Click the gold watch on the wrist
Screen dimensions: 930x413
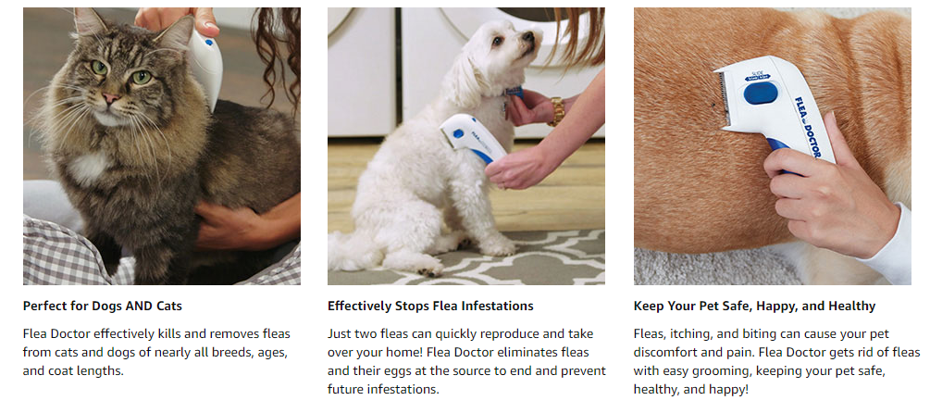[x=556, y=111]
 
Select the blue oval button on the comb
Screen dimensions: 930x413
[x=761, y=94]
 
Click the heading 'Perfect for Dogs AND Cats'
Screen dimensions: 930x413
[x=103, y=307]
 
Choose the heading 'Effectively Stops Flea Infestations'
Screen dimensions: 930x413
[x=430, y=307]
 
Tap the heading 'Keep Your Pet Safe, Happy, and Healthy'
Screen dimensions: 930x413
[x=754, y=307]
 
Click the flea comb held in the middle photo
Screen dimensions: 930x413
[x=472, y=137]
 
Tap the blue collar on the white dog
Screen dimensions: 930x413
[x=515, y=92]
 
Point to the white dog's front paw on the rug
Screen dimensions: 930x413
[x=498, y=247]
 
